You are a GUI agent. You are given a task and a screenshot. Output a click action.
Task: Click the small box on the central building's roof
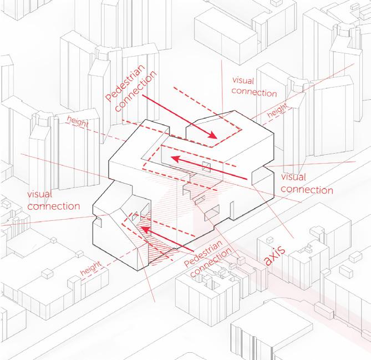tap(206, 168)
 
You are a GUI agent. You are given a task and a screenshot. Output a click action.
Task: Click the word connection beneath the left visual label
tap(53, 206)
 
